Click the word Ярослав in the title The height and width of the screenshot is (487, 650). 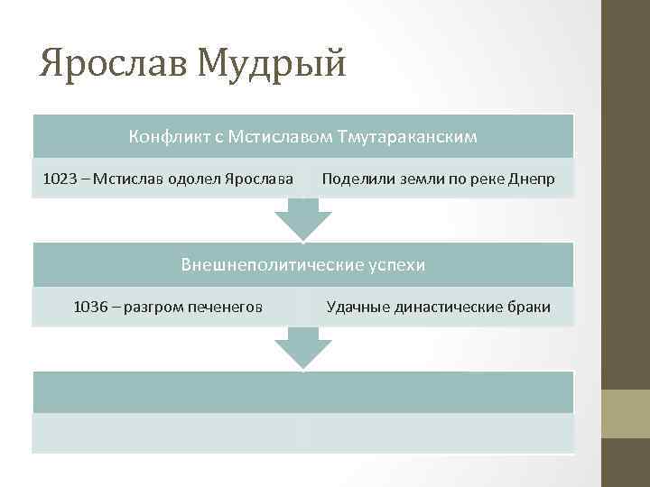[x=112, y=64]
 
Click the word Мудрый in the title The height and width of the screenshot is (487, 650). [x=271, y=64]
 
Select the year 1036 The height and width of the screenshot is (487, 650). [x=91, y=307]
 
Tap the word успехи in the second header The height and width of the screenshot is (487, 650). [x=396, y=265]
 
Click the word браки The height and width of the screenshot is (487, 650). [x=530, y=307]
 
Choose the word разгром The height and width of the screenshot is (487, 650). [x=153, y=307]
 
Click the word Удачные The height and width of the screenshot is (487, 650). [x=355, y=307]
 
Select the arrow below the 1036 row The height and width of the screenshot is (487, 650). [x=303, y=347]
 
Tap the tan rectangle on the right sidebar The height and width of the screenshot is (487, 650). [x=626, y=413]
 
